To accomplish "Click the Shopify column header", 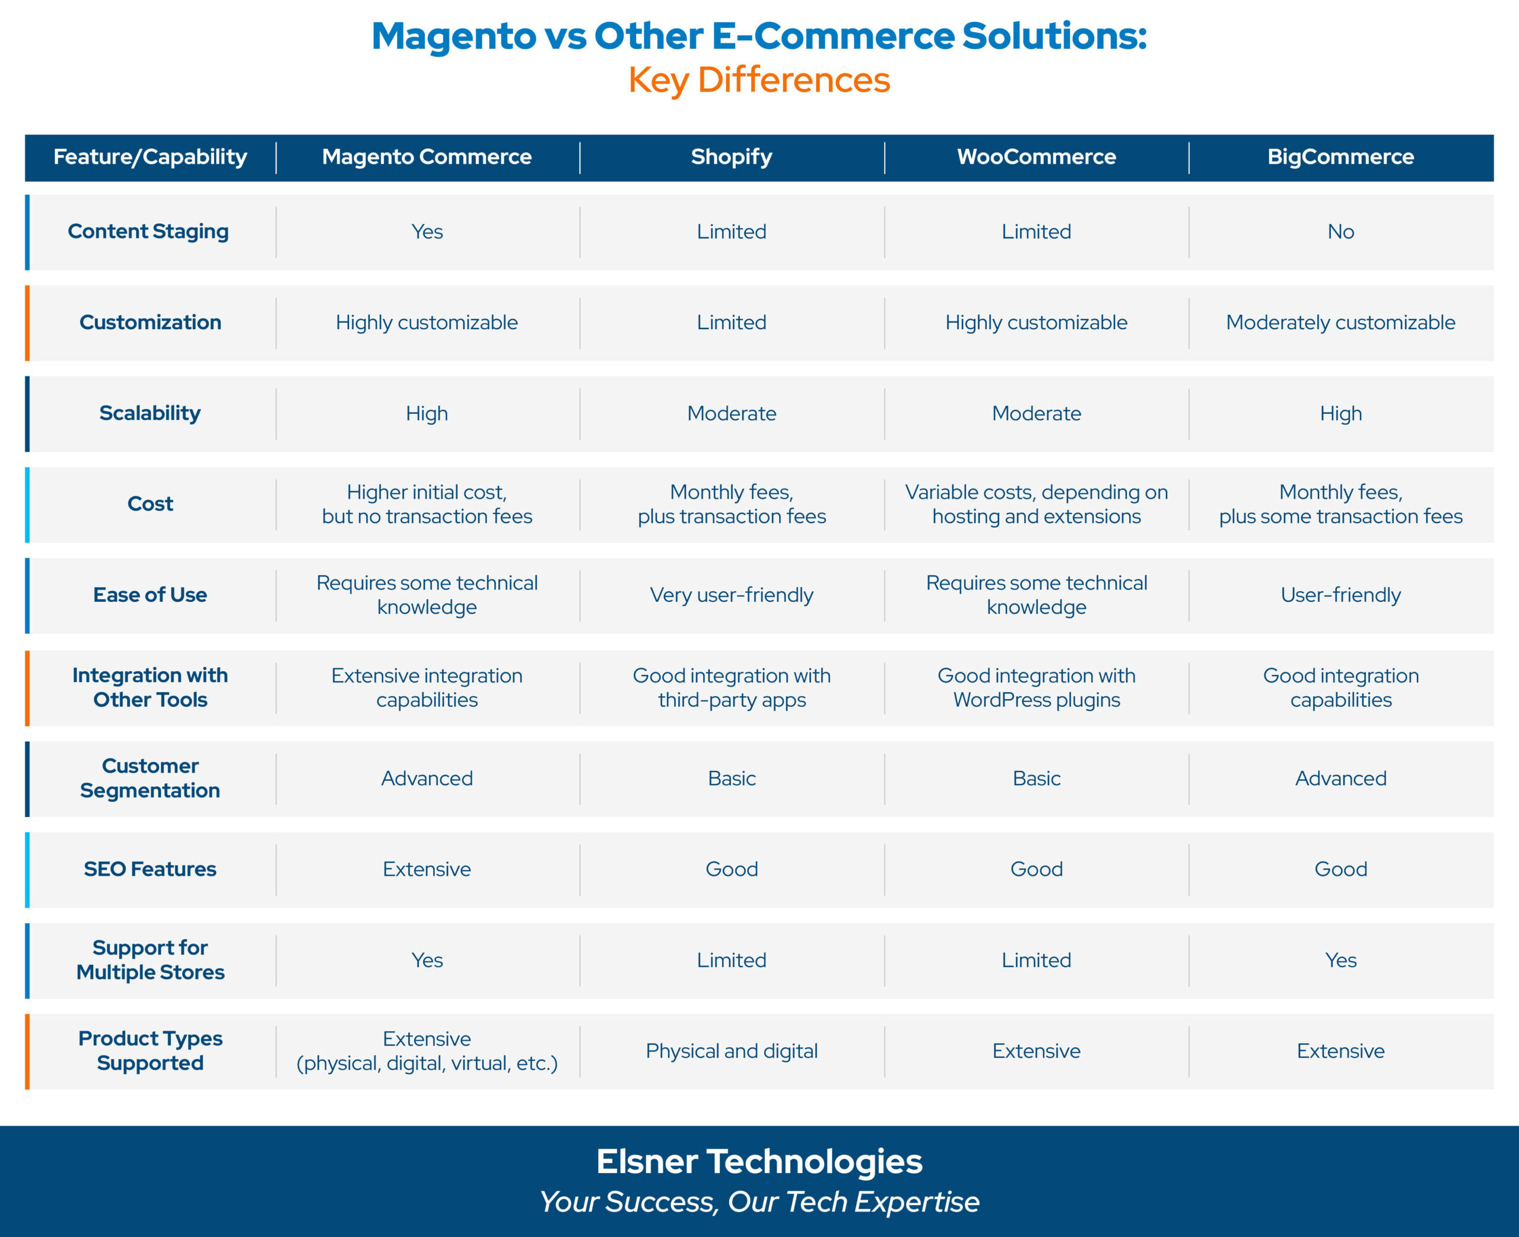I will point(732,157).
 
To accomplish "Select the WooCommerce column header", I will point(1036,157).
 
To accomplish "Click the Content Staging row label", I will point(148,232).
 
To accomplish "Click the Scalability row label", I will point(150,413).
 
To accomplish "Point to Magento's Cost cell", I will point(427,504).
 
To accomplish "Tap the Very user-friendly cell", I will point(732,595).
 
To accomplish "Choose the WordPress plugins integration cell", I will point(1036,688).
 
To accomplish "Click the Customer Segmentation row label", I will point(150,778).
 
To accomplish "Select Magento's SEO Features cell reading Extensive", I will point(427,869).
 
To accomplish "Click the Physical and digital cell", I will point(732,1051).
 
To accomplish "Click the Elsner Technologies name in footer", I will point(759,1162).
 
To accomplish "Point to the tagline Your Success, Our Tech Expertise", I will point(759,1202).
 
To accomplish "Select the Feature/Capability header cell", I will point(150,157).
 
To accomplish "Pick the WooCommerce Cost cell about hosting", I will point(1036,504).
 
